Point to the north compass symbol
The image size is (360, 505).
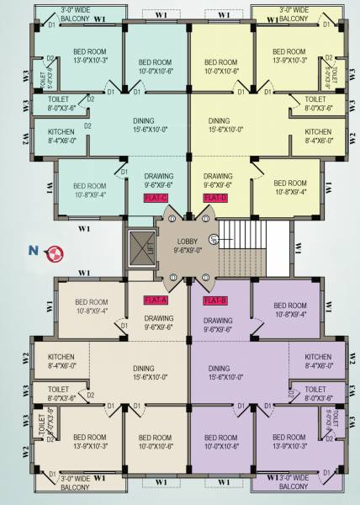[55, 251]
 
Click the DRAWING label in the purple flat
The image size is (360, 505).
[218, 325]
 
